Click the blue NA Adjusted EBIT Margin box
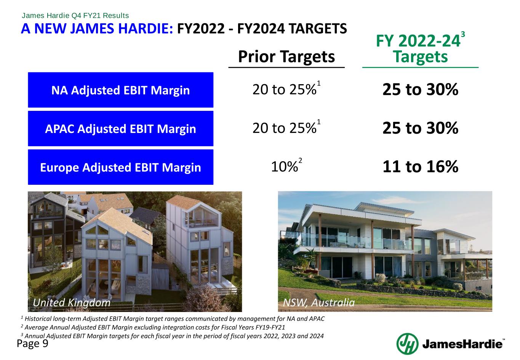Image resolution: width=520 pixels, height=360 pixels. point(120,90)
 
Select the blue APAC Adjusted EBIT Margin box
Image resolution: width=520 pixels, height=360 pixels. point(120,129)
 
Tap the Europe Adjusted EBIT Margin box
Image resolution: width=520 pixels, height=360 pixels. point(120,167)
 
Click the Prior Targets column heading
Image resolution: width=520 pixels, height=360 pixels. point(286,57)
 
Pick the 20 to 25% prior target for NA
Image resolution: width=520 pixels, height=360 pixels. point(284,90)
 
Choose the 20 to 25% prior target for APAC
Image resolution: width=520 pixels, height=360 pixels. point(284,128)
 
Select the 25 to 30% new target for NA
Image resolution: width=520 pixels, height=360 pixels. point(420,90)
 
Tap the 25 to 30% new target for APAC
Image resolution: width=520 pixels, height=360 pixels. point(420,128)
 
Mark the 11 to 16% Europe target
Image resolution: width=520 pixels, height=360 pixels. point(420,167)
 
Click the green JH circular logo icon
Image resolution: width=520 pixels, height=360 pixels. point(407,344)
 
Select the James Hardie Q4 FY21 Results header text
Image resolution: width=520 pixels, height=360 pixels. point(75,16)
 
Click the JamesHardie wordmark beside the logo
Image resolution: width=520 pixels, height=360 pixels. point(462,344)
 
